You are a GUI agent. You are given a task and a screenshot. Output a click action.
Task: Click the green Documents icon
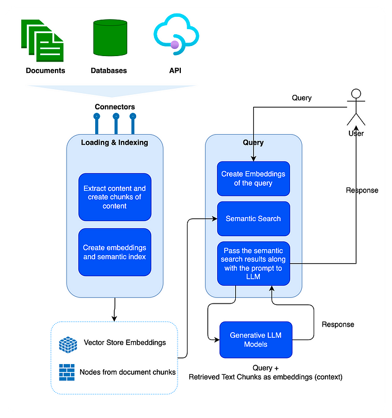tap(43, 40)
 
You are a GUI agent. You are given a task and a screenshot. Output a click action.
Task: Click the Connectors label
tap(115, 107)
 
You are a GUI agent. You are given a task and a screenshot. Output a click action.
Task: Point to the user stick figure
tap(356, 109)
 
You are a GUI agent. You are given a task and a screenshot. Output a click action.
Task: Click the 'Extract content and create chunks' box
tap(115, 197)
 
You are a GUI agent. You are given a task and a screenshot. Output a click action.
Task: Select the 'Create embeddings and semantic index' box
tap(115, 252)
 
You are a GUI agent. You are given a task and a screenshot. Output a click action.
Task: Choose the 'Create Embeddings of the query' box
tap(253, 178)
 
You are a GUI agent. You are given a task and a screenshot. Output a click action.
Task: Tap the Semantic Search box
tap(253, 218)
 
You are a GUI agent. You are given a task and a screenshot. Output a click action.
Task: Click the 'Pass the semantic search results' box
tap(253, 264)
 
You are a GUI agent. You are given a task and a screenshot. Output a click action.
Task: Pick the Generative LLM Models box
tap(255, 340)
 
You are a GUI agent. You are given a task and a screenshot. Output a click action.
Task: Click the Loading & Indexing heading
tap(115, 143)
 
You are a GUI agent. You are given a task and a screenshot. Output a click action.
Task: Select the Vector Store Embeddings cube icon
tap(68, 344)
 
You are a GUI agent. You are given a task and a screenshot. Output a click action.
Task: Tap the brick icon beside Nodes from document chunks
tap(67, 371)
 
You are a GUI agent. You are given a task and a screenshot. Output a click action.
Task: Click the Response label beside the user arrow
tap(362, 190)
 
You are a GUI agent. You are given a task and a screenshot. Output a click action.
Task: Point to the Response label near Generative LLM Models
tap(338, 324)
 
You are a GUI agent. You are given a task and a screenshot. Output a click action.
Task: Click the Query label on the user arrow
tap(302, 98)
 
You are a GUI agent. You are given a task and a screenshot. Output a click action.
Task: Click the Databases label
tap(109, 71)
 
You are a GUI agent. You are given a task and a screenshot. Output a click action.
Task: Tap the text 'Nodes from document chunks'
tap(128, 372)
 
